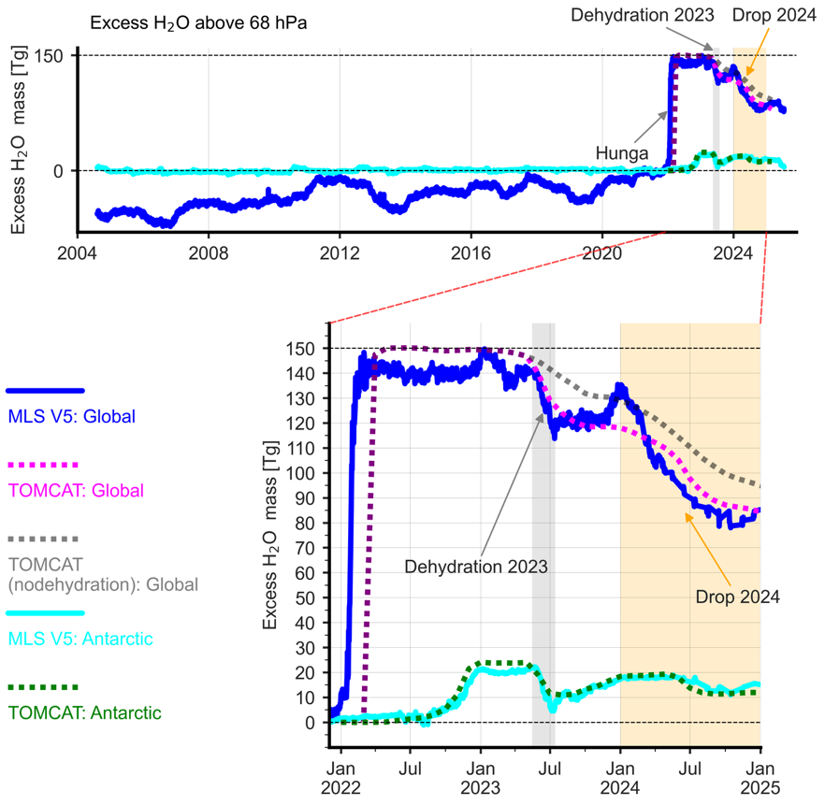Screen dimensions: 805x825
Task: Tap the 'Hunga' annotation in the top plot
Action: click(618, 150)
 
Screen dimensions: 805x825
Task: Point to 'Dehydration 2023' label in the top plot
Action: click(643, 16)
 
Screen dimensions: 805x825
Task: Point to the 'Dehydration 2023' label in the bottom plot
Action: click(476, 566)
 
